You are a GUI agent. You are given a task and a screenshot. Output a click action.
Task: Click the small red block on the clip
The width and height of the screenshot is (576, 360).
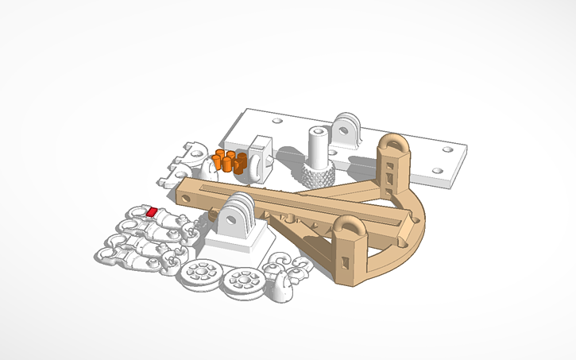pyautogui.click(x=151, y=211)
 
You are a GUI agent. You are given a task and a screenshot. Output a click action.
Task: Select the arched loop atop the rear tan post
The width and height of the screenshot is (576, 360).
pyautogui.click(x=392, y=146)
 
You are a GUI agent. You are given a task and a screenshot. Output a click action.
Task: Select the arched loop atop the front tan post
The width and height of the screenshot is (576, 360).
pyautogui.click(x=348, y=228)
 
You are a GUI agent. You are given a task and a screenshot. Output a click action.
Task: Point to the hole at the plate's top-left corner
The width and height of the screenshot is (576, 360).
pyautogui.click(x=276, y=122)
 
